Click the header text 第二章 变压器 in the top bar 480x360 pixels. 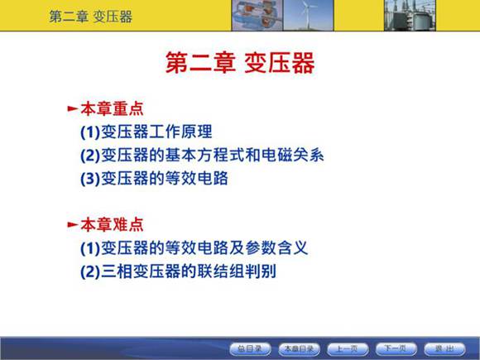90,16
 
